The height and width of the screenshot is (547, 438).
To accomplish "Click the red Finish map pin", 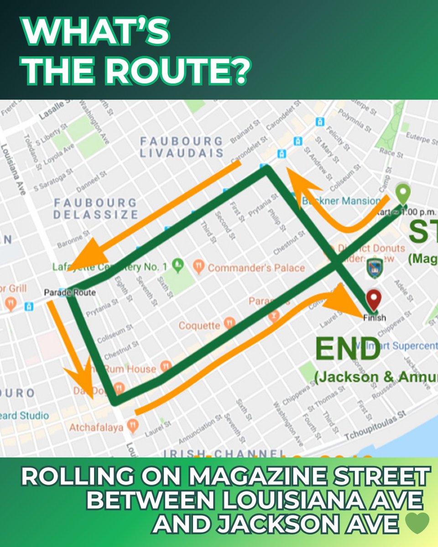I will tap(375, 301).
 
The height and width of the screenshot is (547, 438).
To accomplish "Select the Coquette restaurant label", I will tap(199, 326).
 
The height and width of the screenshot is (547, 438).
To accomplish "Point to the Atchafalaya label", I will tap(96, 428).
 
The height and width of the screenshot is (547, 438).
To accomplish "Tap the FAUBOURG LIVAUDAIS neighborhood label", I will tap(182, 147).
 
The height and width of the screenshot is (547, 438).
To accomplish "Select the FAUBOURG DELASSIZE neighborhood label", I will tap(95, 208).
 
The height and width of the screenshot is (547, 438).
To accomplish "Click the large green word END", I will tap(348, 349).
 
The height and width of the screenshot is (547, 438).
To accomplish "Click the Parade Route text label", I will tap(70, 292).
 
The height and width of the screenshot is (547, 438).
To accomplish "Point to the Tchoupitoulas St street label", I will tap(375, 426).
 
